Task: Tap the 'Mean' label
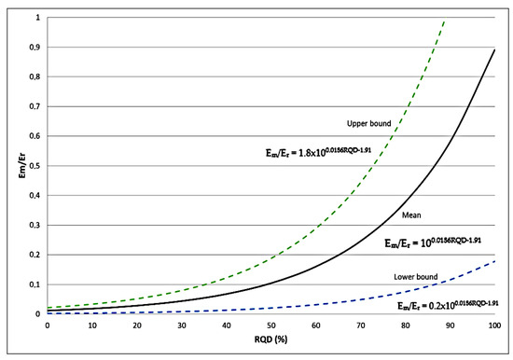point(412,215)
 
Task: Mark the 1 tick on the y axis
point(38,18)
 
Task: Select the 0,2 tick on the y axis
point(35,255)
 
